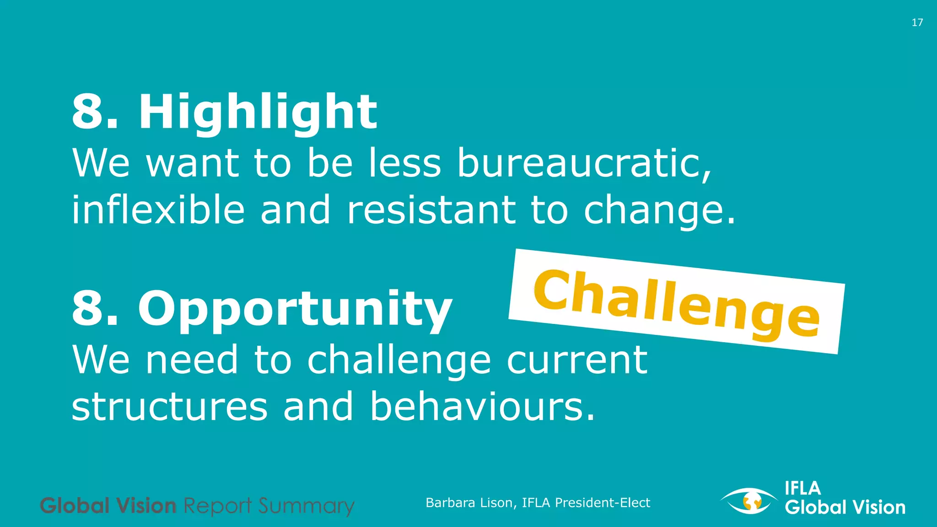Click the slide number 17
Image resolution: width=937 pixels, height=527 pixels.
917,22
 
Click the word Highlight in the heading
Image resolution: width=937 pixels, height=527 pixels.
258,112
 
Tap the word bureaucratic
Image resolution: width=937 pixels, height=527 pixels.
584,163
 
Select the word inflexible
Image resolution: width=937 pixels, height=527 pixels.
158,210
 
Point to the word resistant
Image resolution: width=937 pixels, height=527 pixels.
431,210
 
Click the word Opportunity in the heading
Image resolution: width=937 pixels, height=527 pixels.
295,309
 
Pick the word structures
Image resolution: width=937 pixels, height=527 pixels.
170,407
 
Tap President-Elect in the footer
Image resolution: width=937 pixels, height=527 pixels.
602,503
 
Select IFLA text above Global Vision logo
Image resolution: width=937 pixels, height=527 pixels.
802,489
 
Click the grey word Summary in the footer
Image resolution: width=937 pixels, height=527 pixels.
306,506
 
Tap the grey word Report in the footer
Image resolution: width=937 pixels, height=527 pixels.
217,506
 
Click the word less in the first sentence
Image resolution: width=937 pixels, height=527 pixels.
405,163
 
